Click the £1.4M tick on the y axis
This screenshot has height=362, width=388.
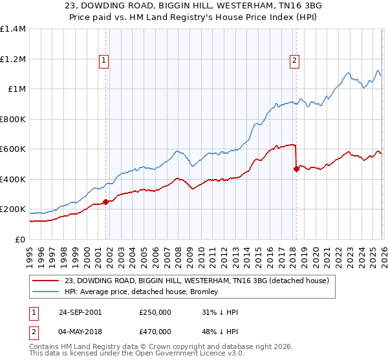coord(13,29)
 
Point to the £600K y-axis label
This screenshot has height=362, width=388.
coord(13,149)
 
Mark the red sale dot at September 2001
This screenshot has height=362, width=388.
coord(106,202)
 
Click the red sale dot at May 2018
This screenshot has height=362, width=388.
coord(296,169)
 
